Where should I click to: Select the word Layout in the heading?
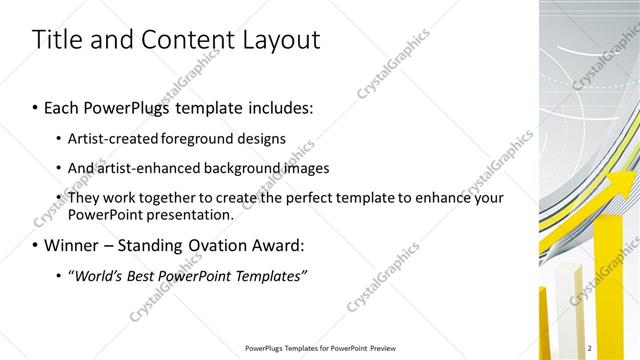coord(279,40)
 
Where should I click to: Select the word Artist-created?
coord(110,139)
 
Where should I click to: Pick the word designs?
coord(259,139)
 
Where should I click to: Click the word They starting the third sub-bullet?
coord(84,198)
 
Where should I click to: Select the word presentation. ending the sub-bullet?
coord(190,215)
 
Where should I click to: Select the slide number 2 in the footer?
coord(590,348)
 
